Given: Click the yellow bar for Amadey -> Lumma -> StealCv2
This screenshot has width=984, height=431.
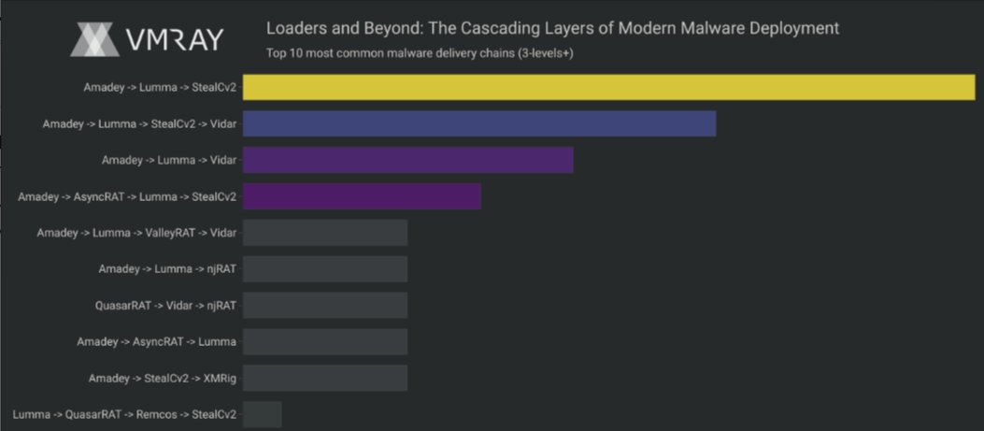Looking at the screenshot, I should [x=608, y=87].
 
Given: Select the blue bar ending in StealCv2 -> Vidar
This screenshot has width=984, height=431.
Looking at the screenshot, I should [x=479, y=123].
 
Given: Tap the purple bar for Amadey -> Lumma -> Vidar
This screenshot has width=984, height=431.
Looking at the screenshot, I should [x=407, y=160].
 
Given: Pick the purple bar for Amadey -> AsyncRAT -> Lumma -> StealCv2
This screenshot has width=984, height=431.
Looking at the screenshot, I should [x=362, y=196].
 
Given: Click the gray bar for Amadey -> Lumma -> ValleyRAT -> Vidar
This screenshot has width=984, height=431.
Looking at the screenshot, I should [x=325, y=233].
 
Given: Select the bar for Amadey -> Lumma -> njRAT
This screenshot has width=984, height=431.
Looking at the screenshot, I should [x=325, y=269].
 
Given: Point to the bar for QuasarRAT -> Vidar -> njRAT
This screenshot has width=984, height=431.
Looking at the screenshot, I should [x=325, y=306].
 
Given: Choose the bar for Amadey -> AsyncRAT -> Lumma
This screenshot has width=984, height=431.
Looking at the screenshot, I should [x=325, y=341].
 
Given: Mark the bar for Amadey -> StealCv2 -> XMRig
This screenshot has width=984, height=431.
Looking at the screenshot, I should [x=325, y=378].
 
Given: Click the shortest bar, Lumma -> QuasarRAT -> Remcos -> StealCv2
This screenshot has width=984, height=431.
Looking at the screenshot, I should [x=262, y=414].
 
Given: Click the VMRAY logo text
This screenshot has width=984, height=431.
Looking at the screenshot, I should [x=174, y=39].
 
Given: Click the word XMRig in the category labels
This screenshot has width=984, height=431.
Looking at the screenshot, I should [x=219, y=378].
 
